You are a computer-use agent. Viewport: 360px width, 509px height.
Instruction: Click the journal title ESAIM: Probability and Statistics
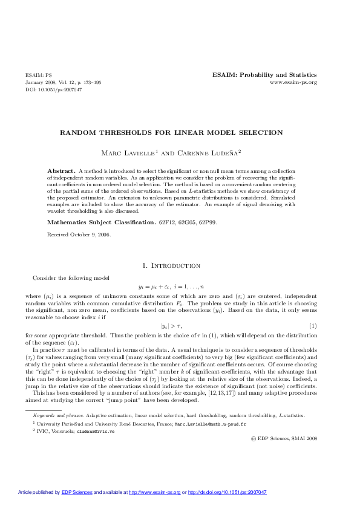264,75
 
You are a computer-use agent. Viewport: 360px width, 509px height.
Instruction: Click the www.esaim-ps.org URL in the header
293,82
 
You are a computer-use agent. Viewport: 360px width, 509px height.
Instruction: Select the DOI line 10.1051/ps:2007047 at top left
53,89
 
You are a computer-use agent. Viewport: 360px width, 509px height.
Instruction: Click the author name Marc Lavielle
145,151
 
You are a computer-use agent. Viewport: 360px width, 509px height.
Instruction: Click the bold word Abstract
61,172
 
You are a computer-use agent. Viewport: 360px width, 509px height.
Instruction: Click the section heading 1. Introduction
171,265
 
